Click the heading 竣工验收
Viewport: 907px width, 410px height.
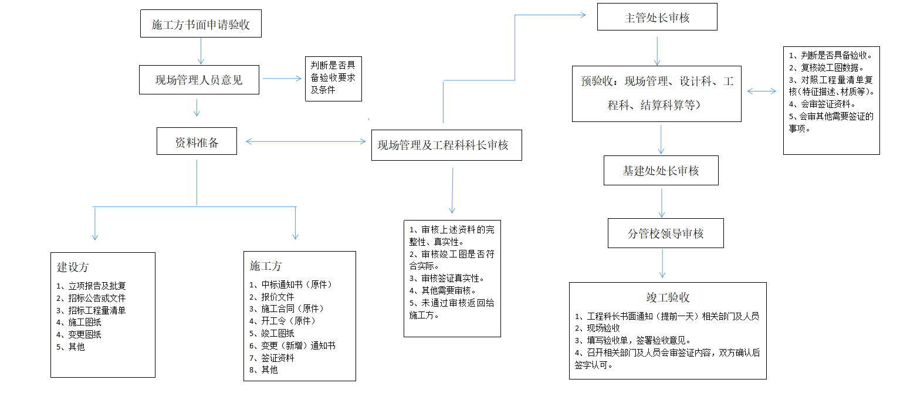tap(668, 297)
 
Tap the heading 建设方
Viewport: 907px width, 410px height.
tap(73, 267)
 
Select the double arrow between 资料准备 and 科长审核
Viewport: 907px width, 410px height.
tap(306, 141)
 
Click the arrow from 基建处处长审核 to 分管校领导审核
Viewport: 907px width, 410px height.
tap(662, 204)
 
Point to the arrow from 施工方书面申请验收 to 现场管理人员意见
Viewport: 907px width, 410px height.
tap(201, 51)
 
